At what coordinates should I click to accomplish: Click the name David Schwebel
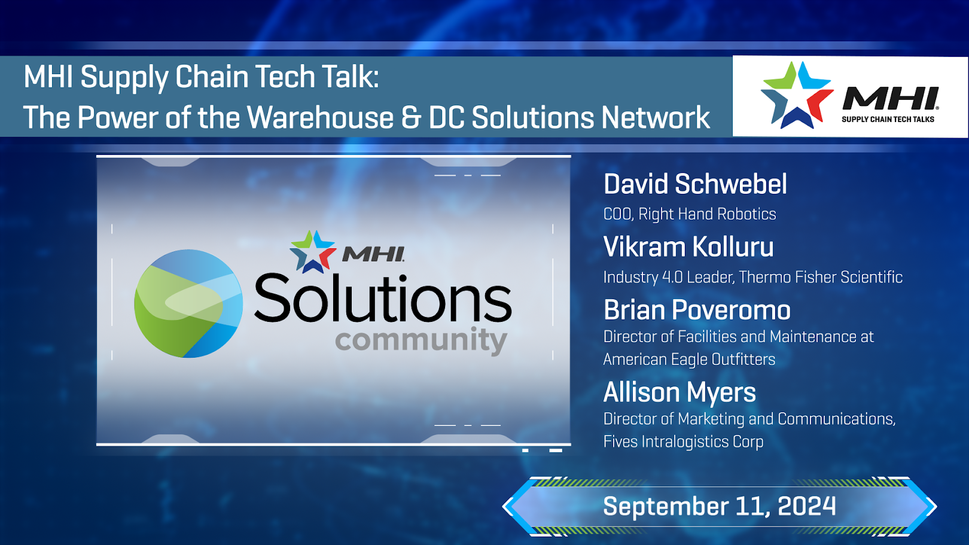point(695,184)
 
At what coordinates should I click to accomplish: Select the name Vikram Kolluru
point(688,247)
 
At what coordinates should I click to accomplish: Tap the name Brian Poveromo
point(697,310)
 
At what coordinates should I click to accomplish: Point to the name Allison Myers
point(679,392)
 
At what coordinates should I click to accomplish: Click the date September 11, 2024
point(719,507)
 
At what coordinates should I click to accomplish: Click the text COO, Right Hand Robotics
point(689,214)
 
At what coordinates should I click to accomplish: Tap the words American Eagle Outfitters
point(689,359)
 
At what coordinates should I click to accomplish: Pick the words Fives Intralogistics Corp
point(683,442)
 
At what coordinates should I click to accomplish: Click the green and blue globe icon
point(188,303)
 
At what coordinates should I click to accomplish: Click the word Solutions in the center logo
point(383,298)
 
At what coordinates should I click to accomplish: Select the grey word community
point(421,340)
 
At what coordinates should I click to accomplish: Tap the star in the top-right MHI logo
point(796,95)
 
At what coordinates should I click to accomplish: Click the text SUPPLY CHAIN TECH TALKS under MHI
point(888,120)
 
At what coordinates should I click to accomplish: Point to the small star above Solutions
point(312,251)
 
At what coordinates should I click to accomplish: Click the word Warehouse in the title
point(319,117)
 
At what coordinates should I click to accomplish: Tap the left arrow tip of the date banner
point(507,507)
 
